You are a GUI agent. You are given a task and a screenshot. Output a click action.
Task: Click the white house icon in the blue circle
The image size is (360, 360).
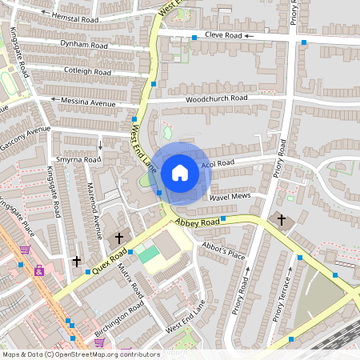pyautogui.click(x=180, y=172)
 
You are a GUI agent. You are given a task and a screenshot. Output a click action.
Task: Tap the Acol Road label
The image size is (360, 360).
pyautogui.click(x=218, y=163)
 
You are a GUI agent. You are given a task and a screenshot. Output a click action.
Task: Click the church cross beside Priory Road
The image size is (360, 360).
pyautogui.click(x=281, y=219)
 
